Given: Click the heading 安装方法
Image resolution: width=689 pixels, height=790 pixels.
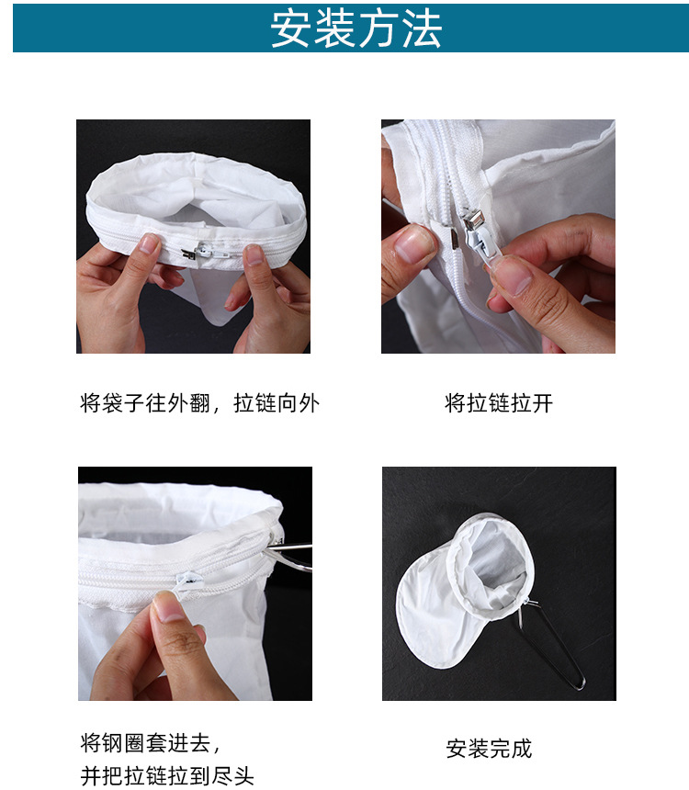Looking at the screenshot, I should click(x=356, y=28).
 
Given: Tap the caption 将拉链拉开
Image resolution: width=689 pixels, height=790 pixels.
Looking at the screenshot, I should click(x=499, y=403).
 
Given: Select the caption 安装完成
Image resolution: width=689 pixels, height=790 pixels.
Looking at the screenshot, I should click(x=489, y=749).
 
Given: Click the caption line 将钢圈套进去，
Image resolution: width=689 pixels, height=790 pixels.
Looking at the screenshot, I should click(x=151, y=741).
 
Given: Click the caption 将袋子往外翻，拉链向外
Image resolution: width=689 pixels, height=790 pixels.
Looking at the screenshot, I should click(x=200, y=403).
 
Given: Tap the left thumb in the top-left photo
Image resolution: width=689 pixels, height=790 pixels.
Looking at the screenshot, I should click(x=147, y=246).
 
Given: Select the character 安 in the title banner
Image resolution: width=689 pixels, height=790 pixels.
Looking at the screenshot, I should click(x=291, y=28).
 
